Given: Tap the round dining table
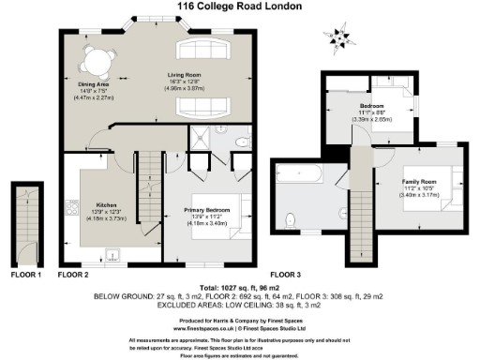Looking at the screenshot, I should click(95, 63).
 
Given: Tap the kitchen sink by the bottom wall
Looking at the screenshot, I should click(112, 253).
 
